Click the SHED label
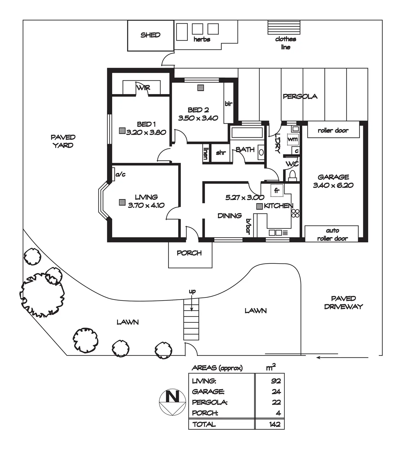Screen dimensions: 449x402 tap(150, 35)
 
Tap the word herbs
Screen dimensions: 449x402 tap(202, 39)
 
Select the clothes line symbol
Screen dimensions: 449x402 tap(284, 27)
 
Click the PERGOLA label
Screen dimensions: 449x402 tap(300, 96)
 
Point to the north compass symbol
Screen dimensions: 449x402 tap(172, 402)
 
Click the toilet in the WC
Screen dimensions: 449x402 tap(292, 175)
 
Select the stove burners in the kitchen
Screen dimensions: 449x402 tap(295, 213)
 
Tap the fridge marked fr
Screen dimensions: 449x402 tap(277, 190)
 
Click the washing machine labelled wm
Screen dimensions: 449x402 tap(293, 139)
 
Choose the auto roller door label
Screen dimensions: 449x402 tap(332, 234)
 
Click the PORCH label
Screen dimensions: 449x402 tap(189, 253)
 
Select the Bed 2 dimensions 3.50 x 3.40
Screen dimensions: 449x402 tap(198, 118)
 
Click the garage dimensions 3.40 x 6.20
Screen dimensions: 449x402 tap(333, 185)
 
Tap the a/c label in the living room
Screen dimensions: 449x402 tap(120, 174)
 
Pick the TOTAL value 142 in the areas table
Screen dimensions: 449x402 tap(274, 424)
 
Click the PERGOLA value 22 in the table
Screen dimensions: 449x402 tap(276, 402)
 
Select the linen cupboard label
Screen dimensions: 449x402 tap(206, 153)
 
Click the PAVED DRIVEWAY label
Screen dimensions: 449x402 tap(343, 303)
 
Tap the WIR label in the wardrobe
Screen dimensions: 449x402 tap(143, 88)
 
